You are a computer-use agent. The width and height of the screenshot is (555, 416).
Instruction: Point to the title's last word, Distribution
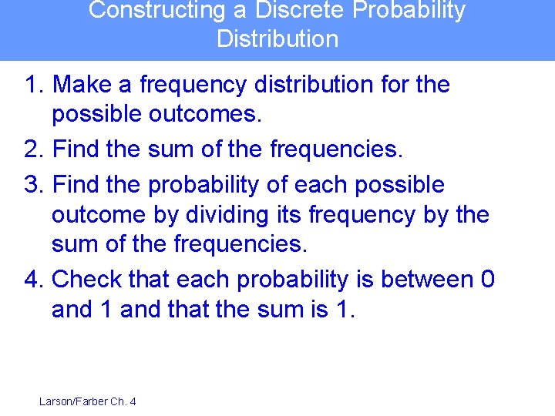click(x=277, y=39)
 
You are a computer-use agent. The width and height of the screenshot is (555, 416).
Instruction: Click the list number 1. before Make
click(x=35, y=85)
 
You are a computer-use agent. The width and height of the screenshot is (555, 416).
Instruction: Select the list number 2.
click(x=35, y=149)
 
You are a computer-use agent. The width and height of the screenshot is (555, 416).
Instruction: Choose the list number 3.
click(x=35, y=185)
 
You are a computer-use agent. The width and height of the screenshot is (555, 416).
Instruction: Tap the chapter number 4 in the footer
click(x=132, y=401)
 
